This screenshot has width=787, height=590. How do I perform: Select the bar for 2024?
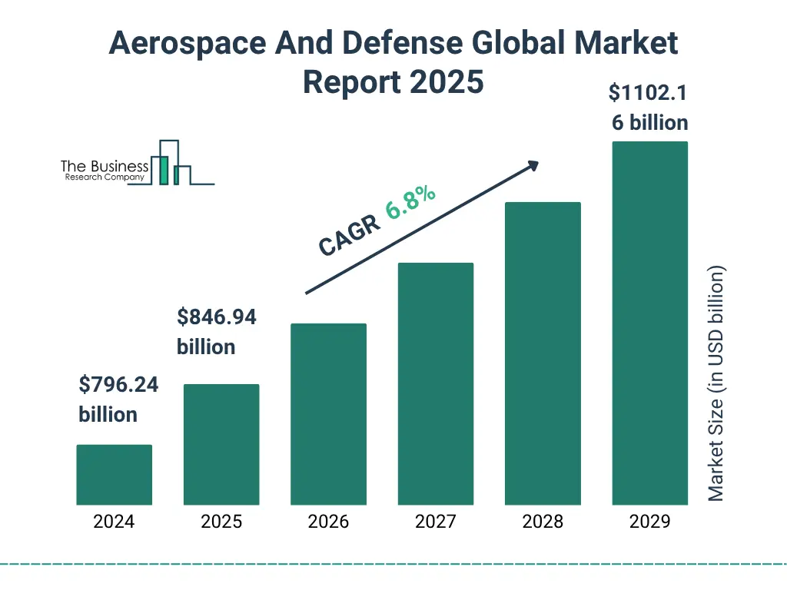(114, 475)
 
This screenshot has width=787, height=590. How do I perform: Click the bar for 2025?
(221, 444)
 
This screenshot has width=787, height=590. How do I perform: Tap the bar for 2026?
(328, 414)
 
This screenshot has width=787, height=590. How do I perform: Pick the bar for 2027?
(435, 383)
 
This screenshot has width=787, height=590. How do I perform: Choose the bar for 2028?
(543, 353)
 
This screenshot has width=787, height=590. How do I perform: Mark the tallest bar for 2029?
(649, 323)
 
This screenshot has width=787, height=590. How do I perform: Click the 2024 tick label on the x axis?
(114, 522)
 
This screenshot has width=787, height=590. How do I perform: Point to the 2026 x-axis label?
(328, 522)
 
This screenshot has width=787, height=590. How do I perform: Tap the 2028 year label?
(543, 522)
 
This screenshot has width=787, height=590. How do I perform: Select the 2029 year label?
(649, 522)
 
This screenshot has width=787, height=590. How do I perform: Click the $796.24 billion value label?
(118, 399)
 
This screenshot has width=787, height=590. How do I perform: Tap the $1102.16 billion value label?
(649, 108)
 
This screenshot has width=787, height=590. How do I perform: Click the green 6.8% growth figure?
(411, 202)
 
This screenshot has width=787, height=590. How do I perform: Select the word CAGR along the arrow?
(349, 236)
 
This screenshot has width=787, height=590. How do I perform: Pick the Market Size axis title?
(716, 384)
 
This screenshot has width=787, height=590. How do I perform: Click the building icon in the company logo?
(171, 163)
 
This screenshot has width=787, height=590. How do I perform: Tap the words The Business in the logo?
(105, 167)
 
